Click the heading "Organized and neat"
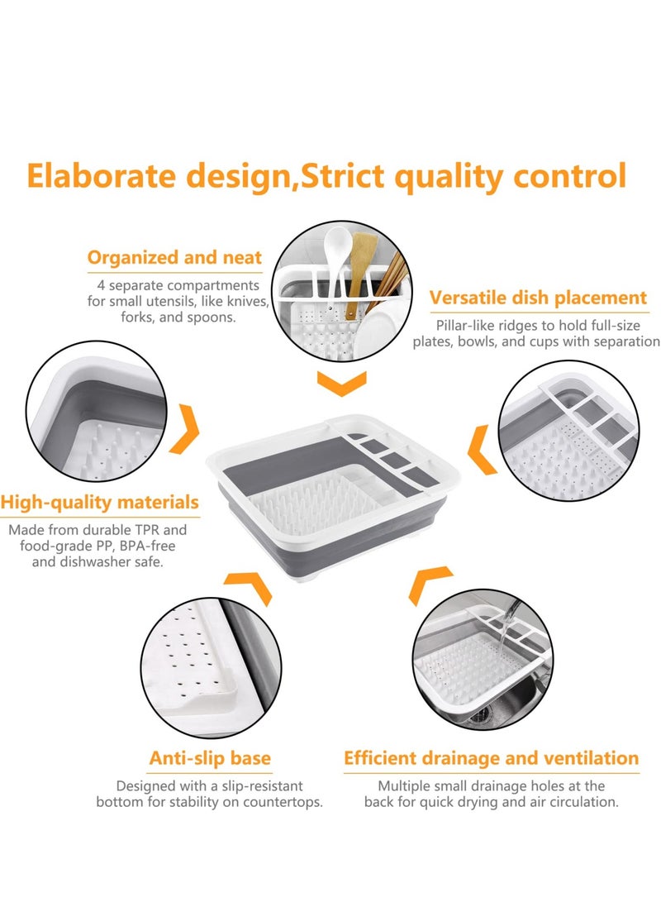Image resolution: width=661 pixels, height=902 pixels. point(174,258)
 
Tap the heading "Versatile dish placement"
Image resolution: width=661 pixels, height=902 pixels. point(538,298)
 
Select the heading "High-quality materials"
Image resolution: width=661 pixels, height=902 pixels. point(99,502)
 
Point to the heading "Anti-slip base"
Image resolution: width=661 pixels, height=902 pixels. point(210,758)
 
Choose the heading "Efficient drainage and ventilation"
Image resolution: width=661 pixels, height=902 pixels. point(491,758)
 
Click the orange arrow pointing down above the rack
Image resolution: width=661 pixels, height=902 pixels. point(341,383)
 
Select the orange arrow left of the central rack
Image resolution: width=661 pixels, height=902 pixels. point(186,428)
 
